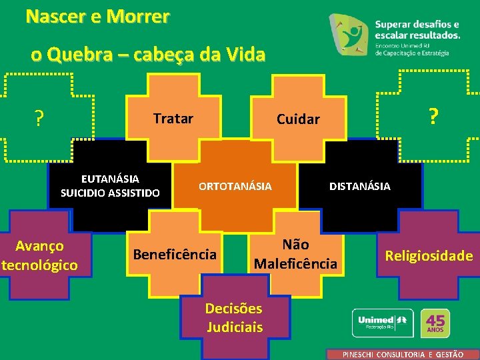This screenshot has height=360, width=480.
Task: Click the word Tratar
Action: [x=173, y=119]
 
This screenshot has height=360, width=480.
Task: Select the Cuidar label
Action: [x=298, y=119]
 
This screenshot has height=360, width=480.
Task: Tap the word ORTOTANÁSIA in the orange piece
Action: [x=235, y=186]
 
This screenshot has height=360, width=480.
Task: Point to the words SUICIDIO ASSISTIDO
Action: [x=110, y=193]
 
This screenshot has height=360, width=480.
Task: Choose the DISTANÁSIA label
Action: [x=360, y=186]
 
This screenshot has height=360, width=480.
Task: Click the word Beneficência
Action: [x=175, y=254]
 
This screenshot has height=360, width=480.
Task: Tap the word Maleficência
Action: [x=295, y=263]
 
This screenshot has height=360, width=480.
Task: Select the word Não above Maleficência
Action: [x=295, y=245]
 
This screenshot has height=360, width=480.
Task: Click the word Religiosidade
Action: [x=429, y=255]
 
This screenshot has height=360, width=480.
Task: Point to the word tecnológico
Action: [x=40, y=265]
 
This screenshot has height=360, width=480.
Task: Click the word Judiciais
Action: [x=234, y=327]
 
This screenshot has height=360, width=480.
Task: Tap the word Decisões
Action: [x=234, y=309]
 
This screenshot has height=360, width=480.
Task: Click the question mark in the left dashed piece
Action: [x=39, y=119]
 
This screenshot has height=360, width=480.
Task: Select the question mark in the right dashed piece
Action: [x=433, y=117]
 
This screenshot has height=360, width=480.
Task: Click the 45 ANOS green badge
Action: [x=437, y=323]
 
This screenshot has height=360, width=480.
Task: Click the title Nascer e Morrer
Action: [x=97, y=16]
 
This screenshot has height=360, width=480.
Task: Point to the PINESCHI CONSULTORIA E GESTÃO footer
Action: [x=403, y=355]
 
